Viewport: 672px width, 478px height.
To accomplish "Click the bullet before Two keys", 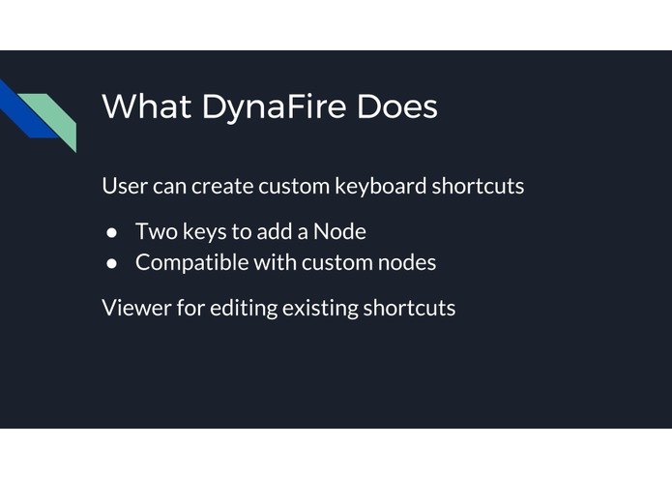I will pyautogui.click(x=112, y=232).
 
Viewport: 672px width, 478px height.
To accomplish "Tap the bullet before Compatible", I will pyautogui.click(x=112, y=262).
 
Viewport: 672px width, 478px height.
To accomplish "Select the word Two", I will pyautogui.click(x=154, y=232).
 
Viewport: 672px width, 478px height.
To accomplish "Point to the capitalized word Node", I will pyautogui.click(x=339, y=232).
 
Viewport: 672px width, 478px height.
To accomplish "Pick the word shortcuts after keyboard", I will pyautogui.click(x=478, y=186).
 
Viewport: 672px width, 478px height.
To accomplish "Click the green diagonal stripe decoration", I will pyautogui.click(x=53, y=115).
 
